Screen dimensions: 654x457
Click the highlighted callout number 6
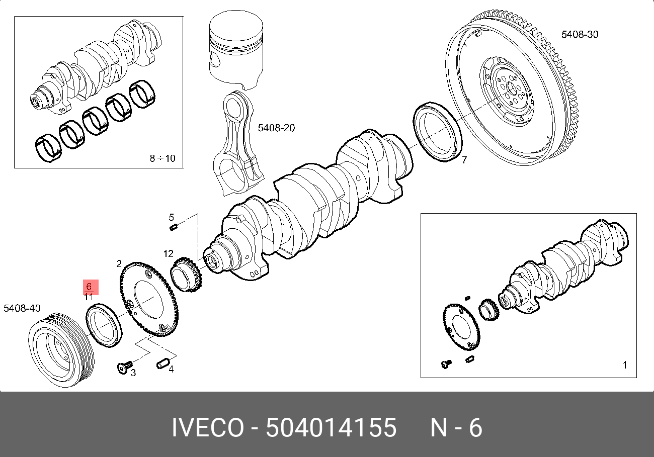click(89, 286)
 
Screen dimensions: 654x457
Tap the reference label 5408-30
click(580, 34)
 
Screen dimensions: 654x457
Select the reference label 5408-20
click(276, 128)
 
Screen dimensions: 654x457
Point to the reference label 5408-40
click(22, 308)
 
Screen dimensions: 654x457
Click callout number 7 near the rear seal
click(464, 160)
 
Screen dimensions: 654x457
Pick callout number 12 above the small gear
click(168, 253)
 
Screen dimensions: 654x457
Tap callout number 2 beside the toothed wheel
click(119, 264)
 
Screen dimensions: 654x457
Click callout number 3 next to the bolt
click(133, 373)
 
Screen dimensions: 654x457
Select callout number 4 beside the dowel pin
click(171, 369)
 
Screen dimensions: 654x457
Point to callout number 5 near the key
click(172, 217)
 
